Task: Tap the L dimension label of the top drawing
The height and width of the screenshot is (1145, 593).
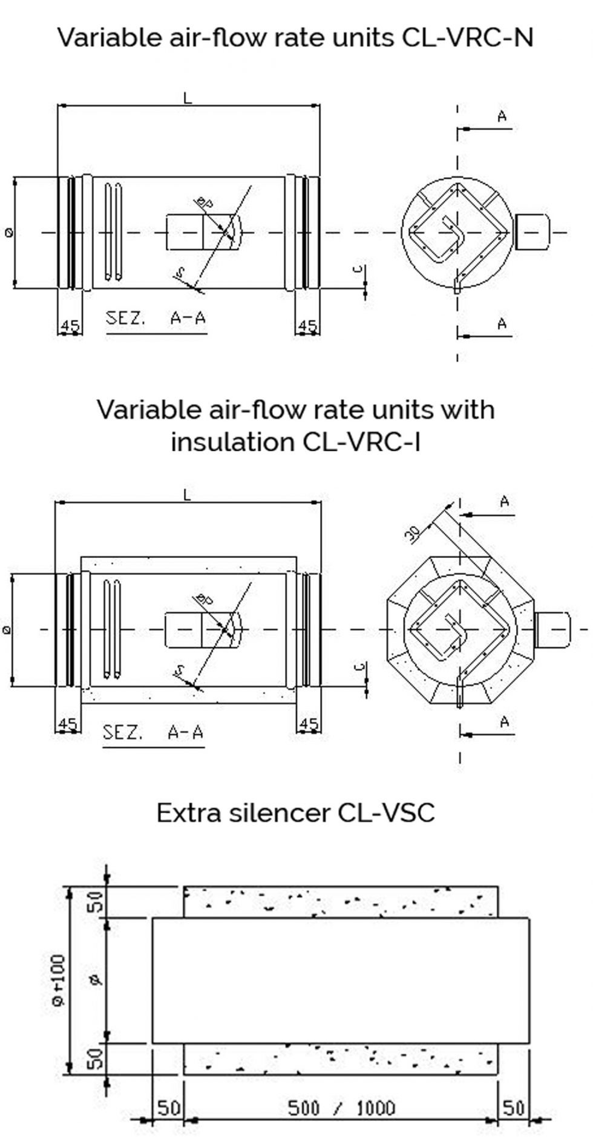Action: tap(188, 98)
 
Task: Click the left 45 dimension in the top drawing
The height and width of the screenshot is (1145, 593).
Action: tap(70, 326)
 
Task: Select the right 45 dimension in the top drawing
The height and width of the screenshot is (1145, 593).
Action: tap(307, 326)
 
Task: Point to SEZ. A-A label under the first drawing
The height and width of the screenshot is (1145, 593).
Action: tap(155, 319)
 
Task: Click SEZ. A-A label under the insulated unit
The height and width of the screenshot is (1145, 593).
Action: tap(153, 733)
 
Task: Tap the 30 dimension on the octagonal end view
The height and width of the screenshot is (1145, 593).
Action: tap(413, 533)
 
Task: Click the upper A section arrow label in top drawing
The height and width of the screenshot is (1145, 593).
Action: tap(502, 117)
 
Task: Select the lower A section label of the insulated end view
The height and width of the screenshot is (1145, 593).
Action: tap(505, 722)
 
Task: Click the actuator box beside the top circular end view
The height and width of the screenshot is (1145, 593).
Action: tap(532, 232)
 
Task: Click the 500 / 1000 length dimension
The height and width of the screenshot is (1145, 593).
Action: tap(341, 1108)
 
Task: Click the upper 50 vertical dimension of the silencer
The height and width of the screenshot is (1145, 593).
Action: tap(97, 902)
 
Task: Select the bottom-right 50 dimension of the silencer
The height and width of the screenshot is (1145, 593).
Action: tap(514, 1108)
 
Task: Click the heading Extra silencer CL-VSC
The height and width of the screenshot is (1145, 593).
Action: tap(296, 813)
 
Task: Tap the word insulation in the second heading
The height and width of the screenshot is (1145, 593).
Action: tap(232, 442)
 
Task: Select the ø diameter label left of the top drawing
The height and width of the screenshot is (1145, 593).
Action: tap(8, 232)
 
